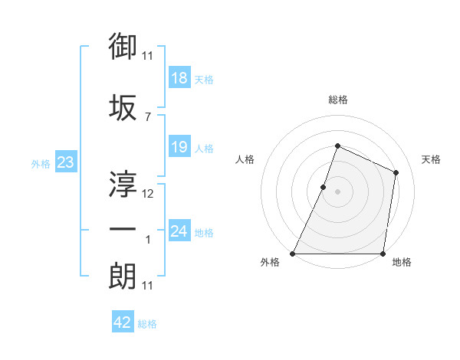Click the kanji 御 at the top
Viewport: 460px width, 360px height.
pyautogui.click(x=123, y=47)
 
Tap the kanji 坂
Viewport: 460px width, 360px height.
pyautogui.click(x=123, y=108)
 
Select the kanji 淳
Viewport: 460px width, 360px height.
pyautogui.click(x=123, y=184)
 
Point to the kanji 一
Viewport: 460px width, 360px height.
pyautogui.click(x=123, y=230)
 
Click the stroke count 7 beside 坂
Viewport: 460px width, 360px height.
pyautogui.click(x=147, y=117)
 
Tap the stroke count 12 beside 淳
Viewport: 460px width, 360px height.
pyautogui.click(x=148, y=194)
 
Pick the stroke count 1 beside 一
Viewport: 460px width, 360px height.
pyautogui.click(x=148, y=240)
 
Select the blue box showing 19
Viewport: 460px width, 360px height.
pyautogui.click(x=179, y=148)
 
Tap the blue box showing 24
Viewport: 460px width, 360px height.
pyautogui.click(x=179, y=231)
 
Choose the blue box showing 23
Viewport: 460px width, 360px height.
pyautogui.click(x=64, y=162)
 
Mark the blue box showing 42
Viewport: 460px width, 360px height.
pyautogui.click(x=122, y=323)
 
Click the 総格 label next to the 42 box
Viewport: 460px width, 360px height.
pyautogui.click(x=147, y=324)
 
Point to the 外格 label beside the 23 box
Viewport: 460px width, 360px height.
pyautogui.click(x=41, y=163)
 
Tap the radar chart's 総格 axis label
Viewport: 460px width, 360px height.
pyautogui.click(x=337, y=100)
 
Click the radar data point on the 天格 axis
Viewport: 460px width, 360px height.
pyautogui.click(x=396, y=172)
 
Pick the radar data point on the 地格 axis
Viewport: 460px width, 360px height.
pyautogui.click(x=383, y=254)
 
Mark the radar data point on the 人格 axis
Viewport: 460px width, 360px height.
pyautogui.click(x=324, y=187)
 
